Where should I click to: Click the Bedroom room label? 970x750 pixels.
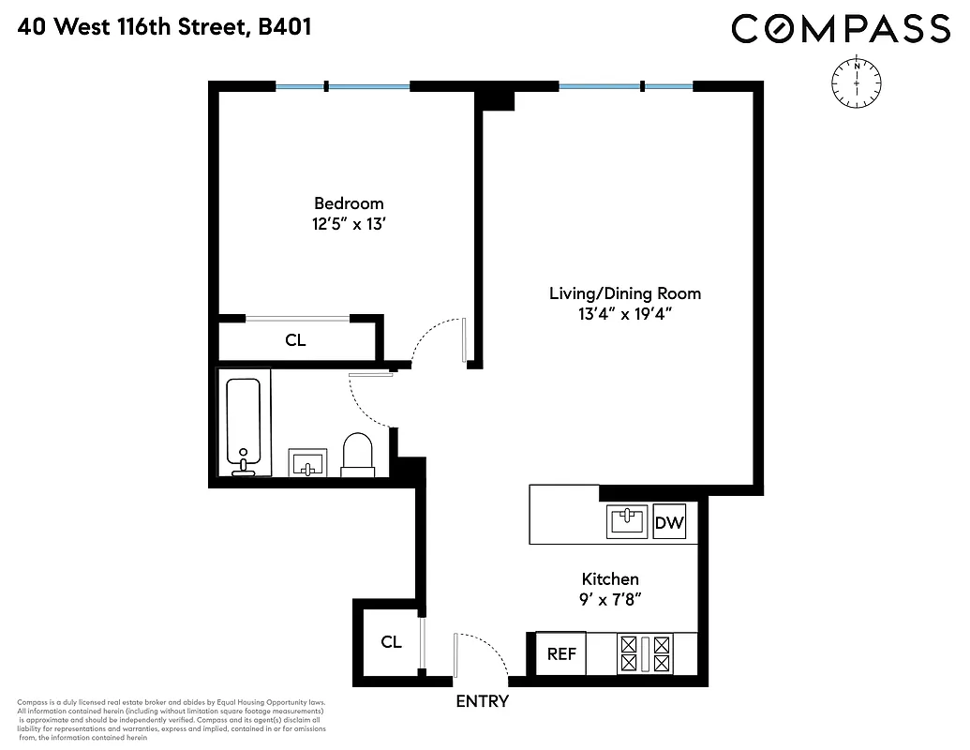[x=349, y=203]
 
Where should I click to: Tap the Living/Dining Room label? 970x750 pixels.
[x=624, y=293]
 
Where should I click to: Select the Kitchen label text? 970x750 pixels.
[x=610, y=579]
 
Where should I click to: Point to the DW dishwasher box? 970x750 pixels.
[x=669, y=523]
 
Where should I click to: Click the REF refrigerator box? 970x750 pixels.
[x=561, y=654]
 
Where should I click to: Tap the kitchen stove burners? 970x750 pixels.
[x=645, y=654]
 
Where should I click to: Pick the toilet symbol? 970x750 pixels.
[x=358, y=453]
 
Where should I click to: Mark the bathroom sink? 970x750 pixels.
[x=307, y=462]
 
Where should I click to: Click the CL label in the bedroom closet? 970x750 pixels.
[x=295, y=340]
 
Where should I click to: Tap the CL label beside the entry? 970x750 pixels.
[x=391, y=642]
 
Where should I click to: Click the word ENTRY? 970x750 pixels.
[x=483, y=701]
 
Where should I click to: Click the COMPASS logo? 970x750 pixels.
[x=841, y=28]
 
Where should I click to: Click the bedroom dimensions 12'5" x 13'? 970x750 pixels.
[x=349, y=224]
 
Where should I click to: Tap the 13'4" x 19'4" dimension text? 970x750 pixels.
[x=625, y=314]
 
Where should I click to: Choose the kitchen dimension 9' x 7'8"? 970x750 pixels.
[x=610, y=599]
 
